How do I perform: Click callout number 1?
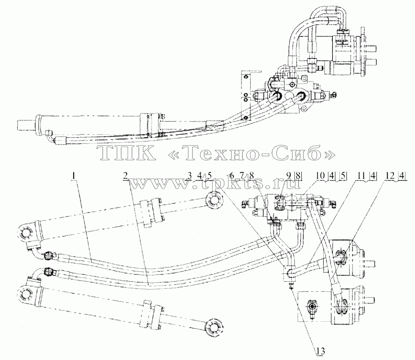point(74,175)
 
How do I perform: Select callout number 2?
point(126,175)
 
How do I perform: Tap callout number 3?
point(189,175)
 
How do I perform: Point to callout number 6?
point(232,175)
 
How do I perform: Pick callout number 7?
point(241,175)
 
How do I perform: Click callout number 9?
point(289,175)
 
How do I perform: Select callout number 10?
point(320,175)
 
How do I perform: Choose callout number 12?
point(390,175)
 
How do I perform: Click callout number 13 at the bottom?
point(320,351)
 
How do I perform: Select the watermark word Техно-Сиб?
point(251,153)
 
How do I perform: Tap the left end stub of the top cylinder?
point(26,125)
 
